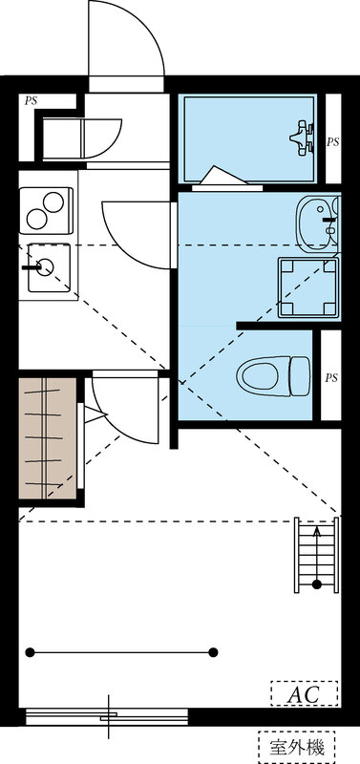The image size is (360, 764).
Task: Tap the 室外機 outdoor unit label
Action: coord(296,745)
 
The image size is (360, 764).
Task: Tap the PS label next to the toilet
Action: coord(331,377)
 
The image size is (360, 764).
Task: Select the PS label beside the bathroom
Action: coord(332,141)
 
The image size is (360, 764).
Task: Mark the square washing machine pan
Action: coord(307,286)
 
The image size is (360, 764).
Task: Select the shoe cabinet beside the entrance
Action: coord(76,139)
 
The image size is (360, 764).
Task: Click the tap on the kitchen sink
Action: coord(40,265)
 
